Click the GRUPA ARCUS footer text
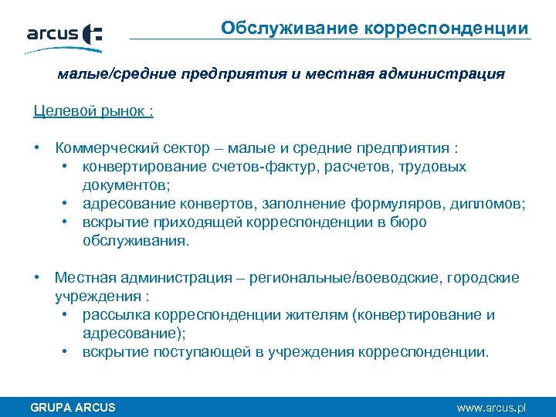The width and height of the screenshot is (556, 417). (72, 407)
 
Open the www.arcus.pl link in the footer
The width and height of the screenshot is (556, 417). (491, 407)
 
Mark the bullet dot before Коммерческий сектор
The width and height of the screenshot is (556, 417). (37, 147)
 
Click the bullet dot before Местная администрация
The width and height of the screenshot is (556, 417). (37, 278)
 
